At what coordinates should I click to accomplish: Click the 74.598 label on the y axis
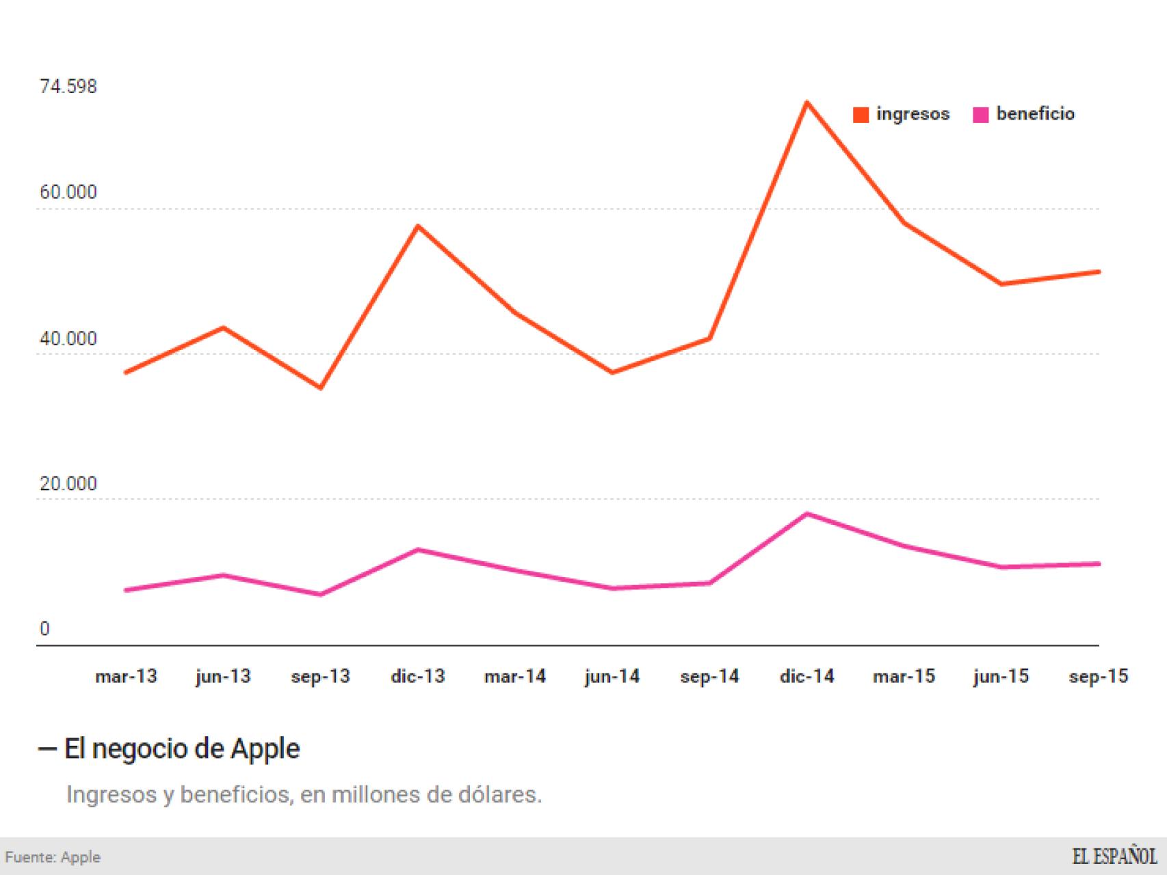(68, 87)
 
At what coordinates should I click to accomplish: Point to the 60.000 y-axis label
(68, 192)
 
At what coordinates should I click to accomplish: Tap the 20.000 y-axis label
(68, 484)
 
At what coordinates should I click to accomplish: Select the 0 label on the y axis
(44, 629)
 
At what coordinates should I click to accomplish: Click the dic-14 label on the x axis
(807, 677)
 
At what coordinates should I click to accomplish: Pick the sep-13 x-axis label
(320, 677)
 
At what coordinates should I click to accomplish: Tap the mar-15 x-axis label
(904, 677)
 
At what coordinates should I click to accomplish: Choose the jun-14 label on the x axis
(612, 677)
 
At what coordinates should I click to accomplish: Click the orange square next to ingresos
(861, 115)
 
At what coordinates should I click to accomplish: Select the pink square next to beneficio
(980, 115)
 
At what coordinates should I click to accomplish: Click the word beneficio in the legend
(1035, 113)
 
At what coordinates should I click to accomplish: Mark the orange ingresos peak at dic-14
(807, 103)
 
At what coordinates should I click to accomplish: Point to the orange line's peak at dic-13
(418, 226)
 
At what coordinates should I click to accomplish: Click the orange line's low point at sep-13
(320, 388)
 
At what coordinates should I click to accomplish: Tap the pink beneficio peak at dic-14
(807, 513)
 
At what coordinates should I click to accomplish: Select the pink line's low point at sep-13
(320, 594)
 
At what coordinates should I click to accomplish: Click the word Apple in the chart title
(265, 749)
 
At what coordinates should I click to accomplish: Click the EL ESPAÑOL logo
(1114, 857)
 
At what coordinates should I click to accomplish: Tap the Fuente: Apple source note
(53, 857)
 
